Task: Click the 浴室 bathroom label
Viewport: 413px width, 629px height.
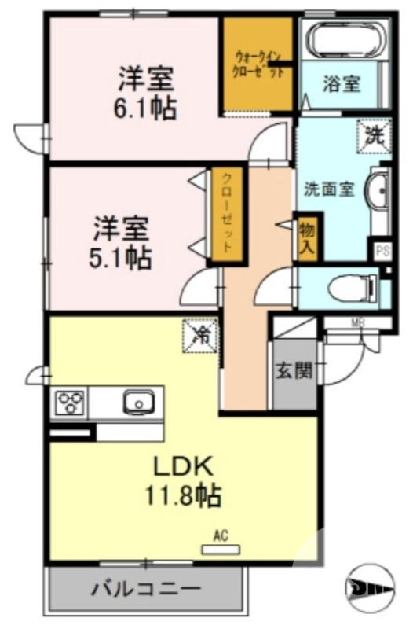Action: (342, 83)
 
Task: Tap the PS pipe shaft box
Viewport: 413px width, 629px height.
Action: (382, 252)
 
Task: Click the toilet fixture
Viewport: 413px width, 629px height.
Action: (350, 289)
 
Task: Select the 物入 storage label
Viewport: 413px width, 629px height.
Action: (306, 237)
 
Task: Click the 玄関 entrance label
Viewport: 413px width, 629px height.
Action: (293, 370)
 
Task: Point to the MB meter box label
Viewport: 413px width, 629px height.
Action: (357, 322)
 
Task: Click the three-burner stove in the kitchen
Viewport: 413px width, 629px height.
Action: (70, 404)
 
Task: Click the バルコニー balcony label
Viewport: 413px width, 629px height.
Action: (145, 588)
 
